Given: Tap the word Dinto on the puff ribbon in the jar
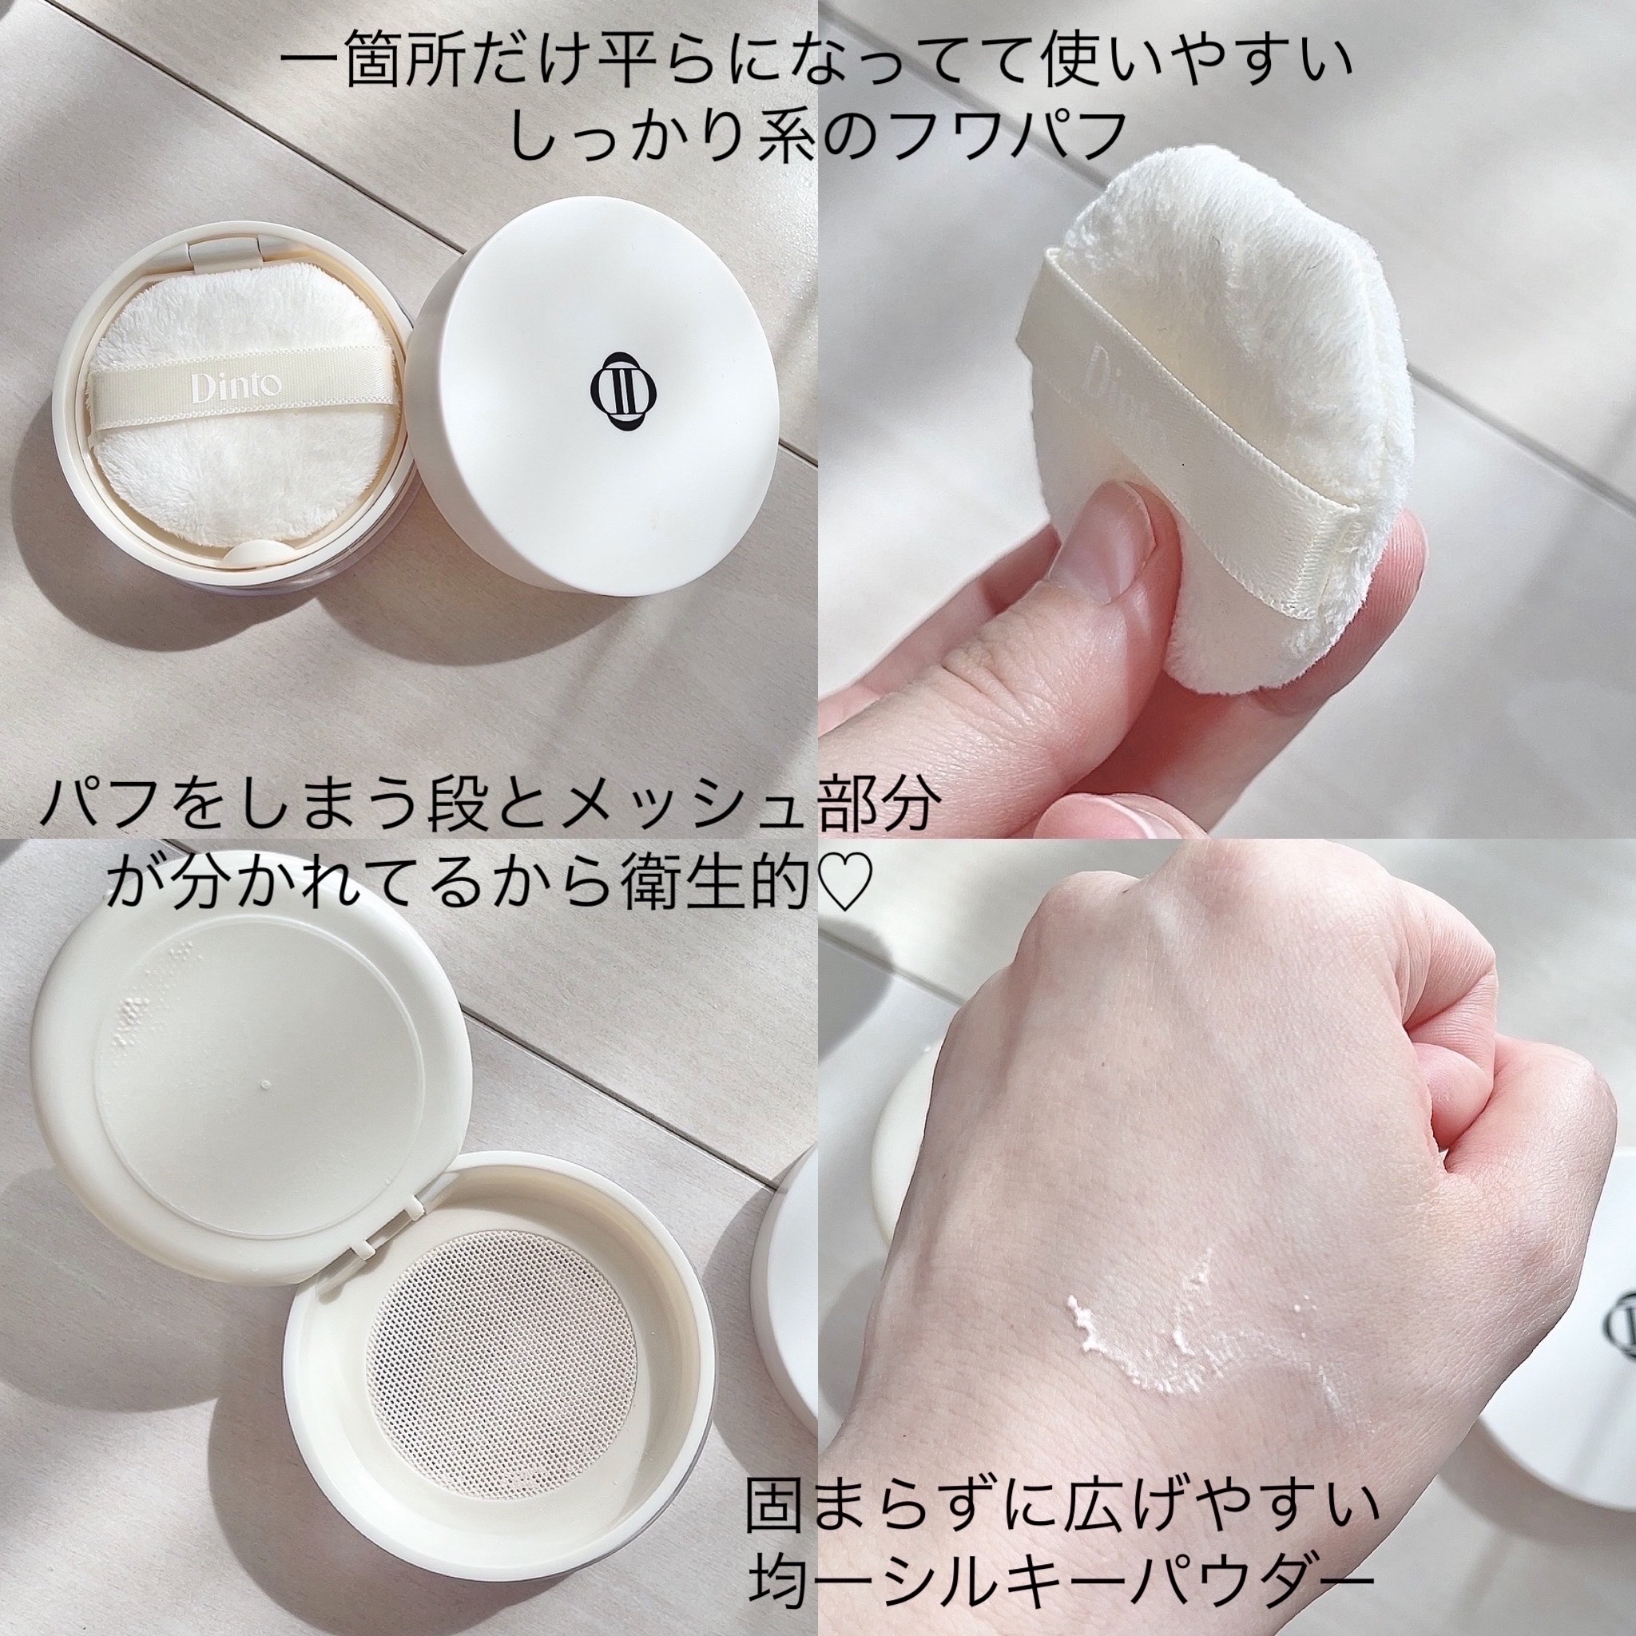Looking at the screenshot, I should [x=224, y=387].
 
